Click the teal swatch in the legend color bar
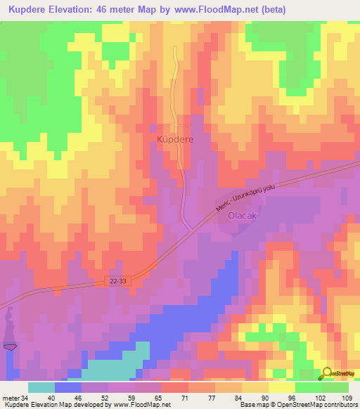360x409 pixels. click(41, 387)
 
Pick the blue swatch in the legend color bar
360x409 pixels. click(68, 387)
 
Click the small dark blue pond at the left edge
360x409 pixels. click(9, 345)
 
